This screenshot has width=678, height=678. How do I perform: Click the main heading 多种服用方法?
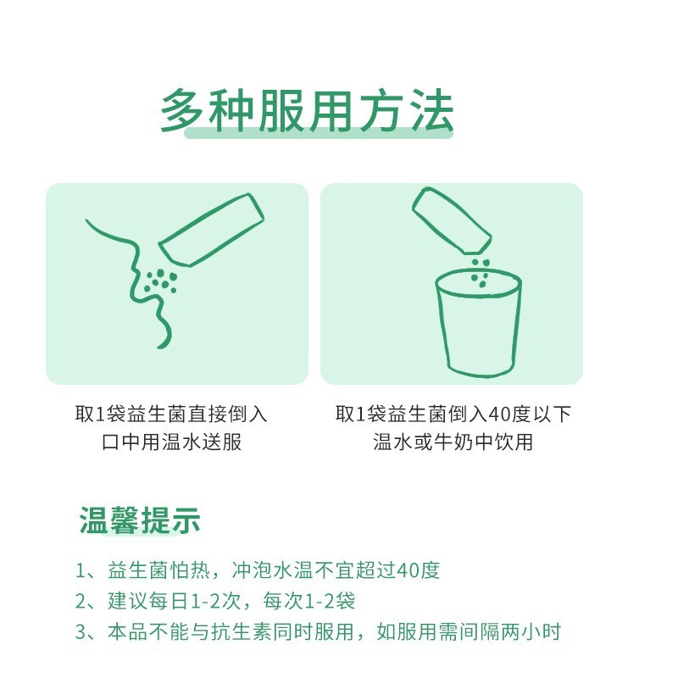[x=307, y=112]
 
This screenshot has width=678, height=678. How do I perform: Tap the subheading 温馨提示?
[x=140, y=520]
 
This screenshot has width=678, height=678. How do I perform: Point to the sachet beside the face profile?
[x=209, y=230]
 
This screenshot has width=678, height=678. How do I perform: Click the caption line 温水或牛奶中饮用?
[x=453, y=442]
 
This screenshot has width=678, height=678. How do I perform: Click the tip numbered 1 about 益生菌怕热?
[x=258, y=570]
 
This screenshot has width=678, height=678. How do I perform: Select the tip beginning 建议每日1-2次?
[x=215, y=602]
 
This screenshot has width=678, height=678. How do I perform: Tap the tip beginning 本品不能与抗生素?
[x=318, y=632]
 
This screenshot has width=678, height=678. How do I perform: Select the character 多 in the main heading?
[x=183, y=111]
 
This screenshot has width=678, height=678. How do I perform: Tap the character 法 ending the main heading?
[x=429, y=111]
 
